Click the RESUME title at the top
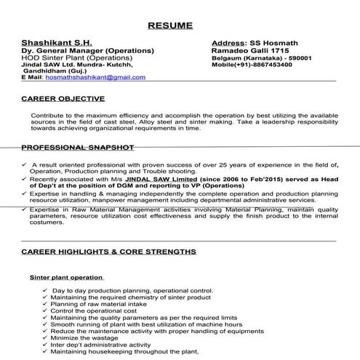coord(170,25)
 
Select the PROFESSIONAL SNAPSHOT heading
coord(78,147)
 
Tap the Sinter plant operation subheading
coord(65,277)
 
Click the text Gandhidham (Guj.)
coord(63,71)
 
